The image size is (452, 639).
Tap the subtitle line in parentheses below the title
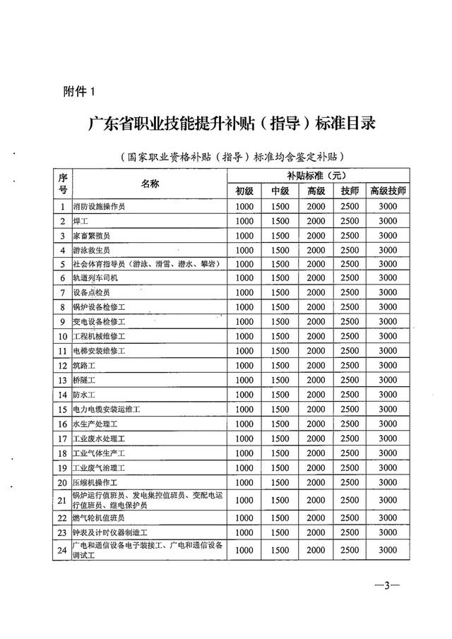click(235, 157)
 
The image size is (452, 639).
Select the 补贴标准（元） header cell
click(316, 175)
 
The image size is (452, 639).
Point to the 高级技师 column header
click(387, 191)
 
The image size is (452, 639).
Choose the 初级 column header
click(244, 191)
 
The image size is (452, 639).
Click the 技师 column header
click(350, 191)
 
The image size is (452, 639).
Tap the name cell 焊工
click(82, 221)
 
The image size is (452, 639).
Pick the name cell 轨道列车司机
click(97, 278)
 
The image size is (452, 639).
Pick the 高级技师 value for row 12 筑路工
click(387, 365)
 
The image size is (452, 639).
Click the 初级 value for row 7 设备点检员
click(244, 292)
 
